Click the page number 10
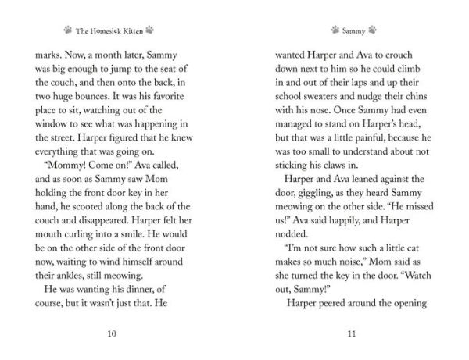coord(112,333)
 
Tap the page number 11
coord(351,333)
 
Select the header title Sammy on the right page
coord(351,30)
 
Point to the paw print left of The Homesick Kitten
coord(68,30)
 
